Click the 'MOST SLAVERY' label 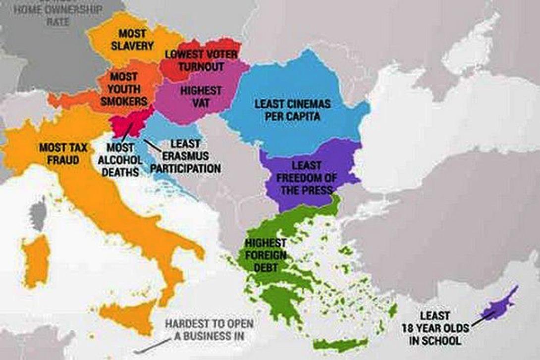pyautogui.click(x=132, y=40)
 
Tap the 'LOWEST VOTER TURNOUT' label pyautogui.click(x=201, y=60)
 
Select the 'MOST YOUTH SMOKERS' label pyautogui.click(x=123, y=89)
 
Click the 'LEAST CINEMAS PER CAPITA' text pyautogui.click(x=292, y=110)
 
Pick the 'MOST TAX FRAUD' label pyautogui.click(x=59, y=154)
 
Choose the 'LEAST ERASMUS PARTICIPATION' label pyautogui.click(x=185, y=156)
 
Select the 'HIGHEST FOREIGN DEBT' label pyautogui.click(x=266, y=255)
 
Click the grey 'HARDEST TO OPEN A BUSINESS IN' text pyautogui.click(x=209, y=330)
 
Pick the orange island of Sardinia pyautogui.click(x=36, y=260)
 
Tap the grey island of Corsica pyautogui.click(x=38, y=213)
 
